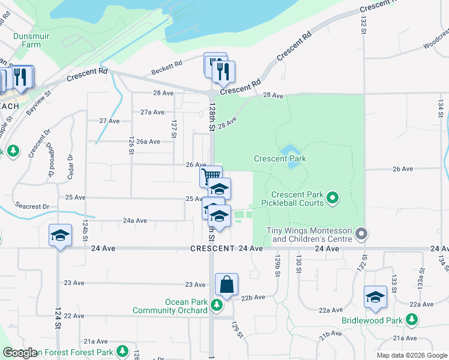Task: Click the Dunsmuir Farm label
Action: pyautogui.click(x=28, y=39)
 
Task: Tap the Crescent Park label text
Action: pyautogui.click(x=280, y=159)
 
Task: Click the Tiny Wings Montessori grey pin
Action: pyautogui.click(x=361, y=232)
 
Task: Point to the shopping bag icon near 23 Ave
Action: pyautogui.click(x=227, y=284)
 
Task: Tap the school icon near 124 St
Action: pyautogui.click(x=60, y=235)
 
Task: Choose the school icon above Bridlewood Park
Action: pyautogui.click(x=375, y=296)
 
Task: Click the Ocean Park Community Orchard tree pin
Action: pyautogui.click(x=217, y=306)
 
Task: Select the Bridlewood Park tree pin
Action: pyautogui.click(x=411, y=320)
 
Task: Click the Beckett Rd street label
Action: pyautogui.click(x=167, y=67)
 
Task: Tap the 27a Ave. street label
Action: pyautogui.click(x=153, y=112)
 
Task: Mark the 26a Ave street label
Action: pyautogui.click(x=148, y=142)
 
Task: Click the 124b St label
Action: pyautogui.click(x=85, y=227)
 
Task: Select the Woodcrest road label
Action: pyautogui.click(x=435, y=45)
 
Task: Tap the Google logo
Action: pyautogui.click(x=20, y=353)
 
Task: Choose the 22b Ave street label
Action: pyautogui.click(x=253, y=297)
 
